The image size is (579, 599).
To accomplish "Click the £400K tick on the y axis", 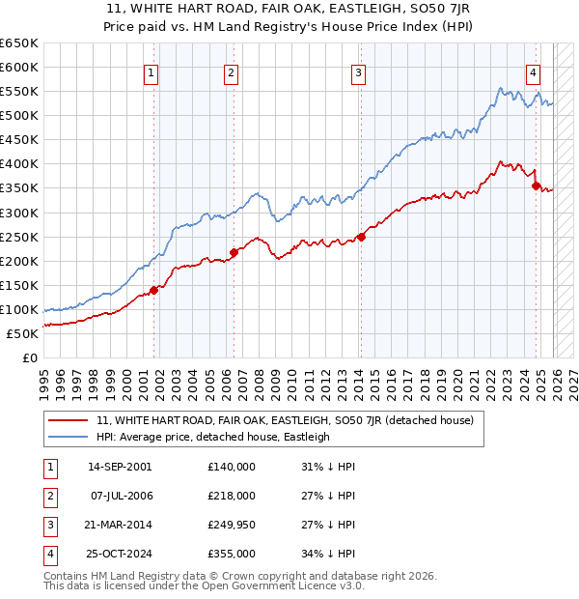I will click(19, 164).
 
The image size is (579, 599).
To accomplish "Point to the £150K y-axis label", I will click(19, 285).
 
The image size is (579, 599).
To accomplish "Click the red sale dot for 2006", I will click(234, 253).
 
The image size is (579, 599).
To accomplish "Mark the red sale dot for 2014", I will click(361, 237).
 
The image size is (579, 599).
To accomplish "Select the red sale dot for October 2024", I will click(536, 185).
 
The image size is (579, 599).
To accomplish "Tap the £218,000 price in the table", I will click(232, 496).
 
